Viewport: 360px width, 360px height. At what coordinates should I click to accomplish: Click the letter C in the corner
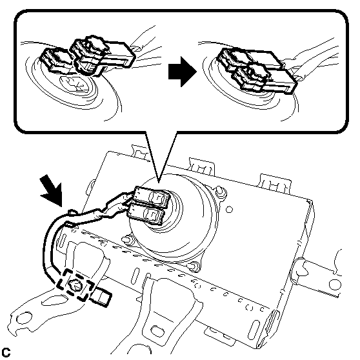pyautogui.click(x=6, y=352)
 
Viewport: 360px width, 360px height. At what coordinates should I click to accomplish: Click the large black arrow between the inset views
pyautogui.click(x=183, y=72)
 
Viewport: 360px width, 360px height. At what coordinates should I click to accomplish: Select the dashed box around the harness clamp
pyautogui.click(x=75, y=285)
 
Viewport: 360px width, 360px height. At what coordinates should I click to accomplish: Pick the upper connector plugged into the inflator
pyautogui.click(x=152, y=197)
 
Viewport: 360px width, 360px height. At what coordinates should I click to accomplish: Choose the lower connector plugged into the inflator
pyautogui.click(x=146, y=214)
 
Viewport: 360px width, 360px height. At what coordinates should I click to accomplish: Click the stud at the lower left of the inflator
pyautogui.click(x=126, y=240)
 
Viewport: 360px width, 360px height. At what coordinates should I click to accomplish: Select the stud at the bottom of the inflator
pyautogui.click(x=194, y=266)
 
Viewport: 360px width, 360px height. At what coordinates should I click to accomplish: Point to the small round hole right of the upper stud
pyautogui.click(x=229, y=210)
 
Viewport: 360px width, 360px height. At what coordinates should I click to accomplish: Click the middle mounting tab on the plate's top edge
pyautogui.click(x=201, y=166)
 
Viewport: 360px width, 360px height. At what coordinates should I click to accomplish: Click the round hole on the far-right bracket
pyautogui.click(x=334, y=285)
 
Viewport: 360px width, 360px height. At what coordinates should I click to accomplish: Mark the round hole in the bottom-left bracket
pyautogui.click(x=24, y=319)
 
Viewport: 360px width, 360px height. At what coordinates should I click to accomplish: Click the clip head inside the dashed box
pyautogui.click(x=75, y=285)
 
